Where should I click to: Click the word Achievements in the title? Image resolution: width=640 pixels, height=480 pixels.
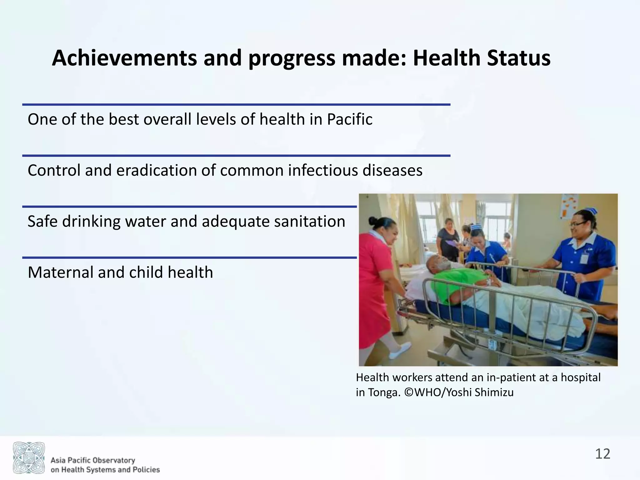click(x=124, y=58)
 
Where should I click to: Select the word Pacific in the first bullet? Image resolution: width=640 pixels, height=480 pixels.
click(x=350, y=119)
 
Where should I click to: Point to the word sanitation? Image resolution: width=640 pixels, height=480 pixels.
click(x=309, y=222)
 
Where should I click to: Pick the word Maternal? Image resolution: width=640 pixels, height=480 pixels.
click(x=59, y=272)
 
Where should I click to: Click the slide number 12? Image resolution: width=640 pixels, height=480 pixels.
click(x=602, y=454)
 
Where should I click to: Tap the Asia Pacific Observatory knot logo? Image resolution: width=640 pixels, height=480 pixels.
click(x=29, y=457)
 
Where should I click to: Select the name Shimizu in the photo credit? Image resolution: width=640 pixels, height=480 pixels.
click(x=494, y=392)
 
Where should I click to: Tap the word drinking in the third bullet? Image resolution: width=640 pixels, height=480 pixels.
click(x=91, y=222)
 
